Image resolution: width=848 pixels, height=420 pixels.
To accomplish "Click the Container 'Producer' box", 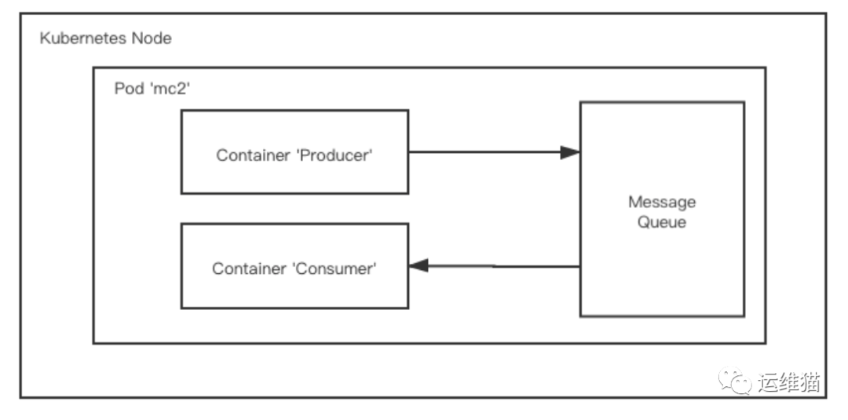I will tap(294, 152).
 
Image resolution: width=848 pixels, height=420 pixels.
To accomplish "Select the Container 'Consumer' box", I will tap(294, 265).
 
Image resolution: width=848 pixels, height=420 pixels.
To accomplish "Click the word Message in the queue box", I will tap(662, 202).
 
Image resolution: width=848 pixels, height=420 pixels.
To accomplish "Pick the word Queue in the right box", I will tap(662, 222).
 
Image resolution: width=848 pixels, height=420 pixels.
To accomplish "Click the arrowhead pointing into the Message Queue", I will tap(570, 152).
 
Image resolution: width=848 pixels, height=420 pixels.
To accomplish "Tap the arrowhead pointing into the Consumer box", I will tap(419, 266).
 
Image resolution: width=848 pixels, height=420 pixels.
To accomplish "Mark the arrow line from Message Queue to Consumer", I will tap(503, 266).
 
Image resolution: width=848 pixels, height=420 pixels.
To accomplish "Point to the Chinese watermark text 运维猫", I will tap(790, 382).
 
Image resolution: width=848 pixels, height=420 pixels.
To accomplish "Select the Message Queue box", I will tap(662, 259).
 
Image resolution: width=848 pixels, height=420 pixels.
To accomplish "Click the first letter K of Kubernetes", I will tap(45, 38).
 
